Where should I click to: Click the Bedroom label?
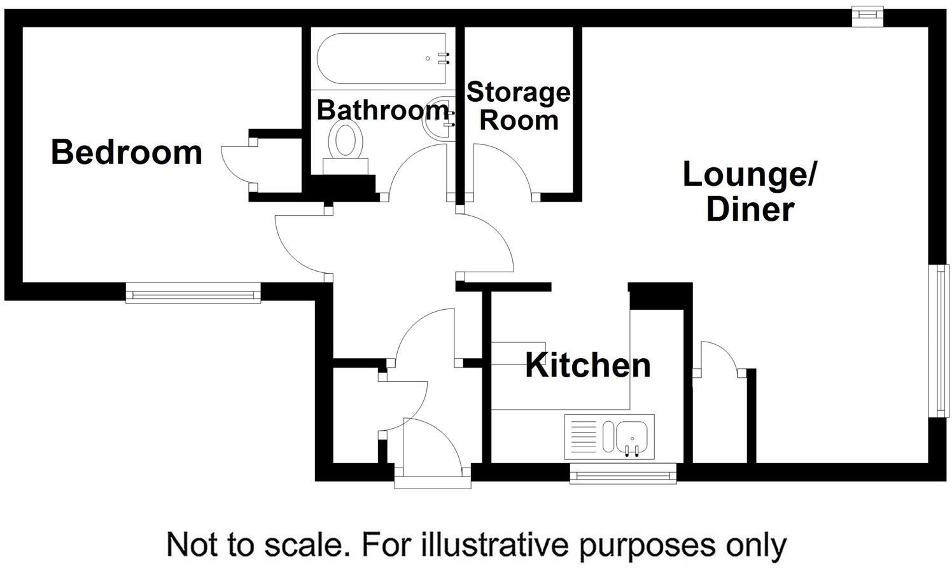(x=127, y=153)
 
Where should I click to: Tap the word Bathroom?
(x=382, y=110)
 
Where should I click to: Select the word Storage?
(x=519, y=92)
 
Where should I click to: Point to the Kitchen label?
(x=588, y=365)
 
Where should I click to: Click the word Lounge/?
(x=749, y=174)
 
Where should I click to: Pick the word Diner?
(x=750, y=209)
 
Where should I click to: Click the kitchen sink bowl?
(x=631, y=437)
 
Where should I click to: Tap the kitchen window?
(x=623, y=473)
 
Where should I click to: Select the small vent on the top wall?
(x=869, y=16)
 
